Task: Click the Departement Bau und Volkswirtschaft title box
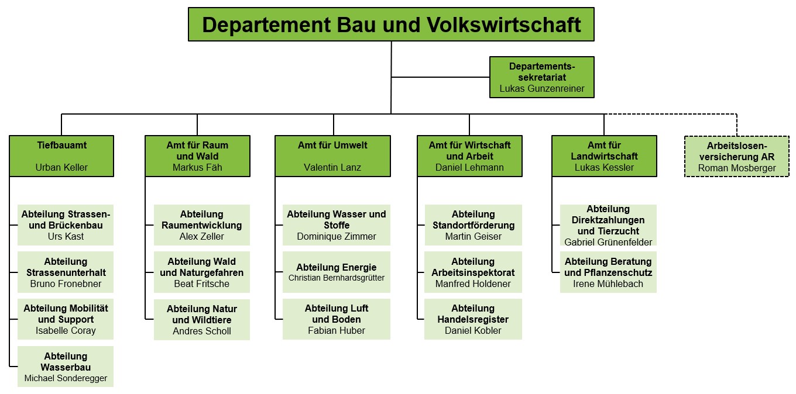pyautogui.click(x=391, y=25)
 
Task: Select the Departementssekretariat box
pyautogui.click(x=541, y=77)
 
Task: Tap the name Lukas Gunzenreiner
pyautogui.click(x=541, y=89)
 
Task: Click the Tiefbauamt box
pyautogui.click(x=61, y=156)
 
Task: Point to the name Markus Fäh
pyautogui.click(x=197, y=168)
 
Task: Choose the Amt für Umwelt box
pyautogui.click(x=332, y=156)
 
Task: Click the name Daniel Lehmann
pyautogui.click(x=469, y=168)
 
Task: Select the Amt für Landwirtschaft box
pyautogui.click(x=604, y=156)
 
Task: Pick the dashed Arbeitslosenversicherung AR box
pyautogui.click(x=737, y=156)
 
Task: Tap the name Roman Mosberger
pyautogui.click(x=737, y=168)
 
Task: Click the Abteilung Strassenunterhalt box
pyautogui.click(x=66, y=272)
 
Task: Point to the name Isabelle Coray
pyautogui.click(x=66, y=331)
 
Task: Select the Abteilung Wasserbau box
pyautogui.click(x=66, y=367)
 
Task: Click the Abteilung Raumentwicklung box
pyautogui.click(x=202, y=225)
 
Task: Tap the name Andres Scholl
pyautogui.click(x=202, y=331)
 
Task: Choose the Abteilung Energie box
pyautogui.click(x=337, y=272)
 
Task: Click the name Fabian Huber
pyautogui.click(x=337, y=331)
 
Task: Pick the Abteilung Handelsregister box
pyautogui.click(x=473, y=319)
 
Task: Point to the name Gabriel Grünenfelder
pyautogui.click(x=608, y=242)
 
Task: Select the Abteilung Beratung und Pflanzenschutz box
pyautogui.click(x=608, y=272)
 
